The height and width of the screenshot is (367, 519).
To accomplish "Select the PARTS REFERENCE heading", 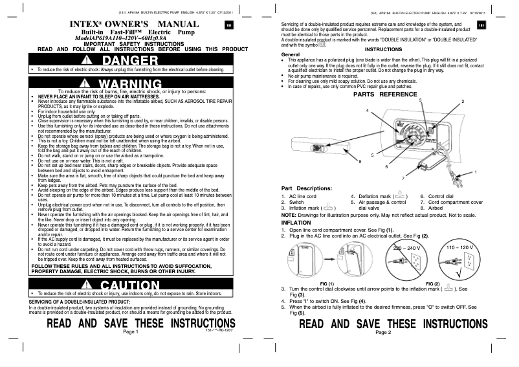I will tap(384, 95).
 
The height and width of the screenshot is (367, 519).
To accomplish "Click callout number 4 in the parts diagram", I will tap(367, 111).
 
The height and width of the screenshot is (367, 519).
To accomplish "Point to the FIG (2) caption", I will tap(432, 284).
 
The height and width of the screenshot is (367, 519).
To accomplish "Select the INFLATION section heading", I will tap(296, 221).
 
